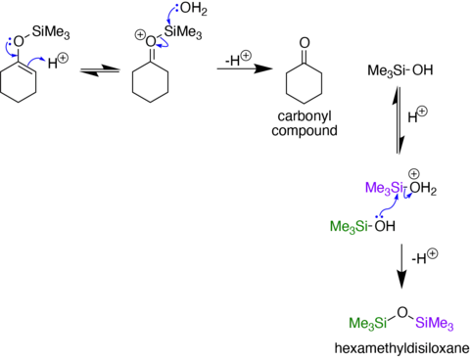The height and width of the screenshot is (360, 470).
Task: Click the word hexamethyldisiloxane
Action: pyautogui.click(x=401, y=348)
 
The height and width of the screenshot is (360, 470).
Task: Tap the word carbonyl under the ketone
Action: pyautogui.click(x=305, y=116)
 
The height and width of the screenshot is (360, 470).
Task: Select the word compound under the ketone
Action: pyautogui.click(x=305, y=131)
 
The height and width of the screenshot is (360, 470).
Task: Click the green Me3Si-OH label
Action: pyautogui.click(x=362, y=226)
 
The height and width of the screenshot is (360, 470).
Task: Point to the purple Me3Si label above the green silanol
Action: pyautogui.click(x=385, y=188)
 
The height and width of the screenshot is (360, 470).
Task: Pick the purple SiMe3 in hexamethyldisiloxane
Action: pyautogui.click(x=435, y=324)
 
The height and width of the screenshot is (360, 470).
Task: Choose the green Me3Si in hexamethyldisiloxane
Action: pyautogui.click(x=368, y=324)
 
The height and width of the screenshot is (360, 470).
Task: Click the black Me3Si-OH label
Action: pyautogui.click(x=400, y=70)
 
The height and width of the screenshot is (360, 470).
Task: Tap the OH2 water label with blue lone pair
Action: pyautogui.click(x=193, y=9)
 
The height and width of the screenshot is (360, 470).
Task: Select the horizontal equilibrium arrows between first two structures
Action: pyautogui.click(x=100, y=70)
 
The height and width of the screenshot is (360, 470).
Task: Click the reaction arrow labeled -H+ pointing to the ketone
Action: pyautogui.click(x=245, y=68)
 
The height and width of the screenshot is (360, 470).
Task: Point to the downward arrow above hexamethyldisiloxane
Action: pyautogui.click(x=401, y=266)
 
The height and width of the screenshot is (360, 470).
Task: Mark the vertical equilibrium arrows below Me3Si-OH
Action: pyautogui.click(x=399, y=120)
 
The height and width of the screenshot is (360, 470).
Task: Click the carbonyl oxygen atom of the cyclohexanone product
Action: pyautogui.click(x=305, y=43)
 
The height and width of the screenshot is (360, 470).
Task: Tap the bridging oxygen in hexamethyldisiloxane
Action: pyautogui.click(x=402, y=312)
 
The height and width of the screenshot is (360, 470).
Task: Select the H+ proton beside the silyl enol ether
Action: pyautogui.click(x=58, y=62)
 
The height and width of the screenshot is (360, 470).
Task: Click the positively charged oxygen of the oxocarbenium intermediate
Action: pyautogui.click(x=151, y=42)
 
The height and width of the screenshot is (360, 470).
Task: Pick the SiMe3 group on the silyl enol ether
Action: pyautogui.click(x=51, y=32)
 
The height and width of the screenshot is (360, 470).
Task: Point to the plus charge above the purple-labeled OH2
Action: pyautogui.click(x=414, y=174)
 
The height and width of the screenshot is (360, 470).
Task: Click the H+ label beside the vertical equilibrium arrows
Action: pyautogui.click(x=417, y=114)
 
